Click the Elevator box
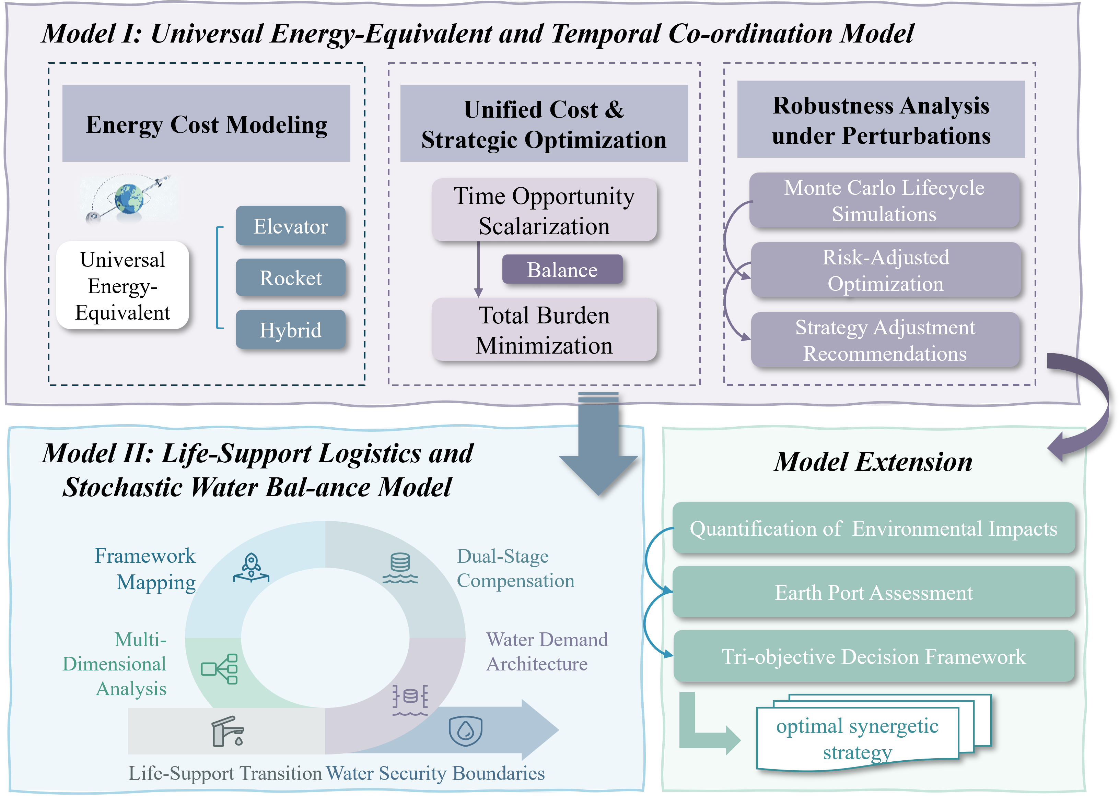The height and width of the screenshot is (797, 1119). pyautogui.click(x=290, y=226)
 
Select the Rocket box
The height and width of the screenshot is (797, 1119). pyautogui.click(x=290, y=278)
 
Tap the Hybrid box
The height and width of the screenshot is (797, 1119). pyautogui.click(x=290, y=329)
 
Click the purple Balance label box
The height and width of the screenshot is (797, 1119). pyautogui.click(x=562, y=270)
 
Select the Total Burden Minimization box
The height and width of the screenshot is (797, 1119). pyautogui.click(x=544, y=330)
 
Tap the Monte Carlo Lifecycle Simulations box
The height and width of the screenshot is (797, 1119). pyautogui.click(x=884, y=200)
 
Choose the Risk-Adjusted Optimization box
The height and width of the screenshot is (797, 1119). pyautogui.click(x=885, y=270)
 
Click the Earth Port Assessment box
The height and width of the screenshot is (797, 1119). pyautogui.click(x=874, y=592)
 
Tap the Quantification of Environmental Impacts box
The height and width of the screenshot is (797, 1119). pyautogui.click(x=874, y=528)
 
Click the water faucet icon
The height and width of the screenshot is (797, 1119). pyautogui.click(x=228, y=731)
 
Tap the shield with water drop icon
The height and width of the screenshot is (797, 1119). pyautogui.click(x=465, y=731)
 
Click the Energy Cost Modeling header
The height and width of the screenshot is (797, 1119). pyautogui.click(x=206, y=124)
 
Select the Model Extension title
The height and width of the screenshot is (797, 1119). pyautogui.click(x=873, y=462)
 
